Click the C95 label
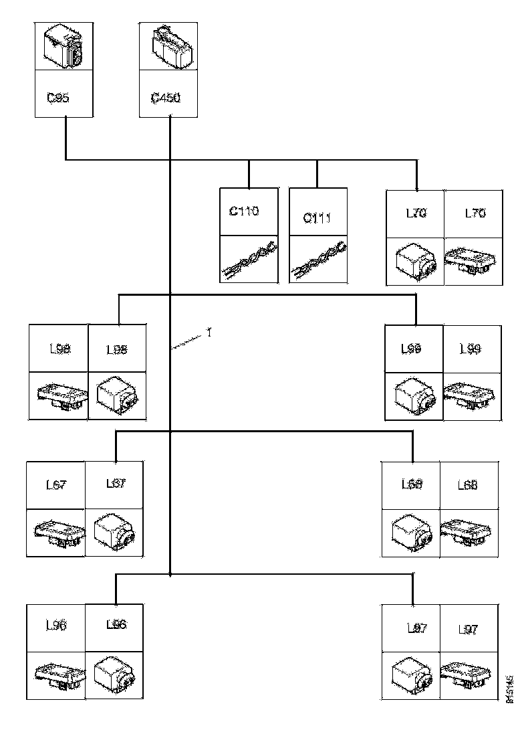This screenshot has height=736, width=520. (59, 97)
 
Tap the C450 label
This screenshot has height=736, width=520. (165, 98)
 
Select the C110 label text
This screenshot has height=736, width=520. (244, 211)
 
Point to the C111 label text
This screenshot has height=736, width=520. (317, 218)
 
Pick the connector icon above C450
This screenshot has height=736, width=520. (168, 47)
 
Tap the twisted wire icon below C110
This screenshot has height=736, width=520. (249, 260)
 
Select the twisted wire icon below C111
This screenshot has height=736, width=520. (317, 260)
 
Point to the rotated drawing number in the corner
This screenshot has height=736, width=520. (510, 688)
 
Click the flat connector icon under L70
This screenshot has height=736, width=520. (473, 260)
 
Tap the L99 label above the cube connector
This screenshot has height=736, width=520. (411, 349)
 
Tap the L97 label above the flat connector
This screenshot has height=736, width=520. (469, 629)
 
